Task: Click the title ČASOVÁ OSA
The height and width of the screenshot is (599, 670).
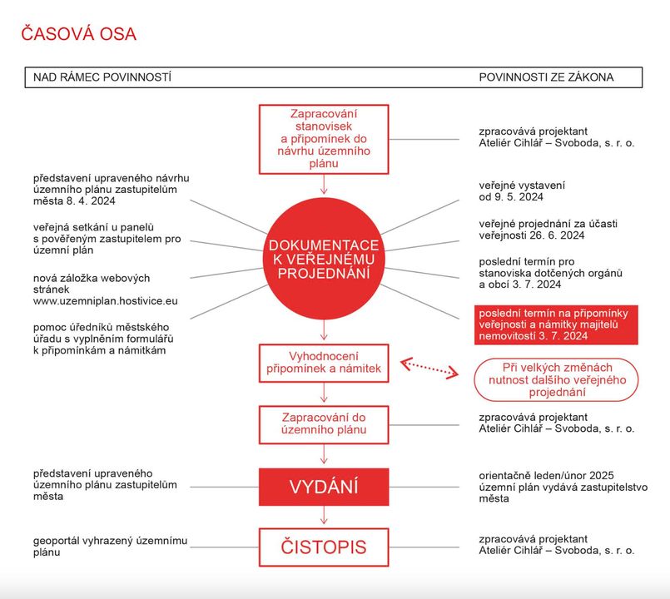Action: click(x=78, y=34)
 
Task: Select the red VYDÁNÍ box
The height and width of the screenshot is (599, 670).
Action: click(x=323, y=487)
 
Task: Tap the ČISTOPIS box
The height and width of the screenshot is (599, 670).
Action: click(x=323, y=547)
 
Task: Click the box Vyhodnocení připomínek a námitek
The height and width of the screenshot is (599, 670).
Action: click(x=323, y=363)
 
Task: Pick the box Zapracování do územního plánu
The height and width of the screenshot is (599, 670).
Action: click(x=323, y=423)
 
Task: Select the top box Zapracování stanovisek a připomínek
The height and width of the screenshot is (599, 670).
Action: click(x=323, y=139)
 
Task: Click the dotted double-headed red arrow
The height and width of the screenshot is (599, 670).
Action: click(x=430, y=368)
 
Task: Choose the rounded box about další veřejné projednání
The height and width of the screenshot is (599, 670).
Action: click(x=555, y=379)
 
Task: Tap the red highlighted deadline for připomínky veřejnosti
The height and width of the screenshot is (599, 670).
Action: click(x=555, y=324)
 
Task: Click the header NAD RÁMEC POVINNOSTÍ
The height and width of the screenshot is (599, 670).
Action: click(x=102, y=77)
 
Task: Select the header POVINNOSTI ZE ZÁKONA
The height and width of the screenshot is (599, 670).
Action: click(x=546, y=77)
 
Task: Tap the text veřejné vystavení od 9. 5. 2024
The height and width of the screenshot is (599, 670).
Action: click(x=511, y=191)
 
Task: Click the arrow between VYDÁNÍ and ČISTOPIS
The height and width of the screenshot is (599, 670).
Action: click(x=323, y=517)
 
